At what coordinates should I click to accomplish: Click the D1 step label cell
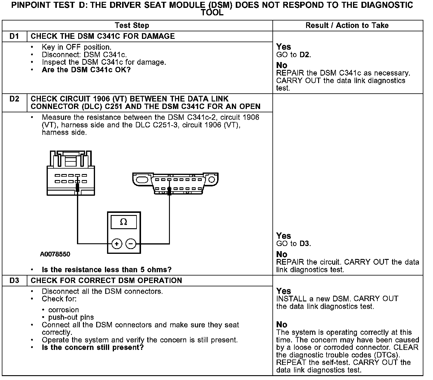click(x=14, y=36)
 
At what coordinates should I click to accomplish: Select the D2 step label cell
click(x=14, y=99)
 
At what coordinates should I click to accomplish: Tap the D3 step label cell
click(x=14, y=281)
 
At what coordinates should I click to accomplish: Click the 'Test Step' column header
click(x=132, y=26)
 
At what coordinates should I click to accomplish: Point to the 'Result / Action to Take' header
click(x=347, y=26)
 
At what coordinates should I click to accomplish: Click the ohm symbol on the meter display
click(x=124, y=222)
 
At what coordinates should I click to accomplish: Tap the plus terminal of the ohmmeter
click(x=117, y=244)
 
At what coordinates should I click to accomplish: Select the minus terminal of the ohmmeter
click(x=131, y=244)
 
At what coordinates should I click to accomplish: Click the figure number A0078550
click(x=55, y=254)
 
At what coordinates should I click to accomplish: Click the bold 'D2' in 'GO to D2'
click(x=305, y=55)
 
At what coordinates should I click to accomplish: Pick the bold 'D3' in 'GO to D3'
click(x=305, y=244)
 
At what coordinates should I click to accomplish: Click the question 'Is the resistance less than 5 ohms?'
click(x=106, y=269)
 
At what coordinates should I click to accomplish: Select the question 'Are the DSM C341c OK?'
click(x=86, y=70)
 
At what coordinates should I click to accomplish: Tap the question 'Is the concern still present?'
click(x=93, y=347)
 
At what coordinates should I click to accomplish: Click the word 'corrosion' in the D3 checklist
click(x=63, y=310)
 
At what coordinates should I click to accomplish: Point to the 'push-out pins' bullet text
click(x=71, y=317)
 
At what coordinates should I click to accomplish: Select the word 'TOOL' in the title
click(x=212, y=13)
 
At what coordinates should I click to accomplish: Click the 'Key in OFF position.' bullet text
click(x=76, y=47)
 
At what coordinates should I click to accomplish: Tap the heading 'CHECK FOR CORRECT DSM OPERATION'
click(x=106, y=281)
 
